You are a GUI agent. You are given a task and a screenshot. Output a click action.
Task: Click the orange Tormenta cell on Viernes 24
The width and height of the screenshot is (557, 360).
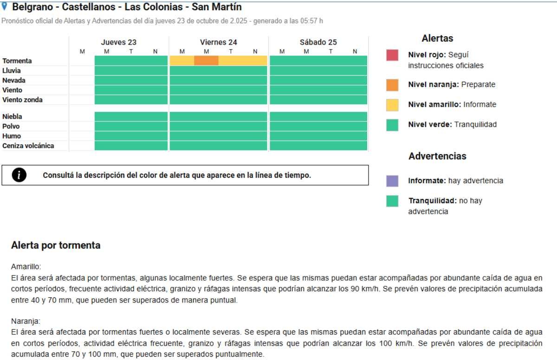[x=206, y=61]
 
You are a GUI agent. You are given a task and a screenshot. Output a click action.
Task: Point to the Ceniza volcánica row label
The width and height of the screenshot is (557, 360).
[x=28, y=146]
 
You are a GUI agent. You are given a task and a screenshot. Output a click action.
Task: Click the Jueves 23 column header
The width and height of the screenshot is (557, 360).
[x=119, y=42]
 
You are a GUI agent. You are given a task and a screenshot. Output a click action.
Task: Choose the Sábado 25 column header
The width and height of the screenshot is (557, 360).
[x=318, y=42]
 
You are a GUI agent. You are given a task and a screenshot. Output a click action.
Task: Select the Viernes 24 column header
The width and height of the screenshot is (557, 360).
[x=218, y=42]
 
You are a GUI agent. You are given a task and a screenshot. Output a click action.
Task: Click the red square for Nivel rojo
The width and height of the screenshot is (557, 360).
[x=392, y=55]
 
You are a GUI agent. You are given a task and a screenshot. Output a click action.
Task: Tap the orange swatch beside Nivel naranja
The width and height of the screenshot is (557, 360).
[x=392, y=85]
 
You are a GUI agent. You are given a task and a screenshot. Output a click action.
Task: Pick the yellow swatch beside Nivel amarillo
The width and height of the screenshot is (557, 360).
[x=392, y=105]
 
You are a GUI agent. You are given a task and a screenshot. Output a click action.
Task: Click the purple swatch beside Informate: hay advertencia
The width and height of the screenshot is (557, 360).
[x=392, y=181]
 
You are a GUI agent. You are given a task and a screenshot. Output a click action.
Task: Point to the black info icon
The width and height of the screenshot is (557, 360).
[x=22, y=175]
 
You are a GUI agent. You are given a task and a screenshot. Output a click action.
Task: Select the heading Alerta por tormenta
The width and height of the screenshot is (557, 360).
[x=56, y=246]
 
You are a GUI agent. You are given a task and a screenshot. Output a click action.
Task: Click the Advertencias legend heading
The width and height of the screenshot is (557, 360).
[x=437, y=156]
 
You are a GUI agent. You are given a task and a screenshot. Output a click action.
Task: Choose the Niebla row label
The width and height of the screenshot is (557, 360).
[x=12, y=117]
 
